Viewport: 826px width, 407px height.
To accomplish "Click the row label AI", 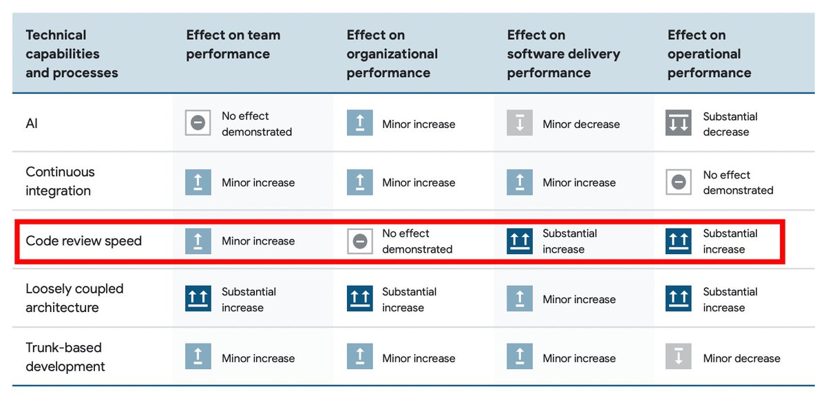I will [32, 124].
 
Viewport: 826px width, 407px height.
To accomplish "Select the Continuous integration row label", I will [60, 181].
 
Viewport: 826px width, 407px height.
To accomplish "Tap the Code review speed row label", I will [83, 241].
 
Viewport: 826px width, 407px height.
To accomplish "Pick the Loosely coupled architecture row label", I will [74, 298].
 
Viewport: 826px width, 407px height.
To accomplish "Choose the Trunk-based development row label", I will [65, 357].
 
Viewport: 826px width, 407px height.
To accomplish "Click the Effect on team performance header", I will [233, 44].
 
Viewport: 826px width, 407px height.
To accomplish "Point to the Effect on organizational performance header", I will [392, 54].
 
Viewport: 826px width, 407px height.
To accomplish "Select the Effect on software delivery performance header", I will [563, 54].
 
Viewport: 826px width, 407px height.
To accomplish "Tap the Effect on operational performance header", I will [709, 54].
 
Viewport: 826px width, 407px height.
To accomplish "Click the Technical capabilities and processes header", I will [72, 54].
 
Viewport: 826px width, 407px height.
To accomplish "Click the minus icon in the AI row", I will [198, 124].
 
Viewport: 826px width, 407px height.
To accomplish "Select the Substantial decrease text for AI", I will [730, 124].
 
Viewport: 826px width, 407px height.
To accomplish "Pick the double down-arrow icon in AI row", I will [679, 124].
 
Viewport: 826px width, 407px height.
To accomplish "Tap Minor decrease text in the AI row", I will [581, 124].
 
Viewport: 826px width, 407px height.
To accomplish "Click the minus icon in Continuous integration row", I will [679, 182].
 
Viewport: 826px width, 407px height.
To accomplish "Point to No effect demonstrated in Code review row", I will [417, 241].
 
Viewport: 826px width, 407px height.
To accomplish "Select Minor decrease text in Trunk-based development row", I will [741, 358].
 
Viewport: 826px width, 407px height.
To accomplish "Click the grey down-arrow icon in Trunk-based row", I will [679, 357].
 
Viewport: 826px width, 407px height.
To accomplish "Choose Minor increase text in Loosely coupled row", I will [579, 300].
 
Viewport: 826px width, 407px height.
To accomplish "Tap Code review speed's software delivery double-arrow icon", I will [520, 241].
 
